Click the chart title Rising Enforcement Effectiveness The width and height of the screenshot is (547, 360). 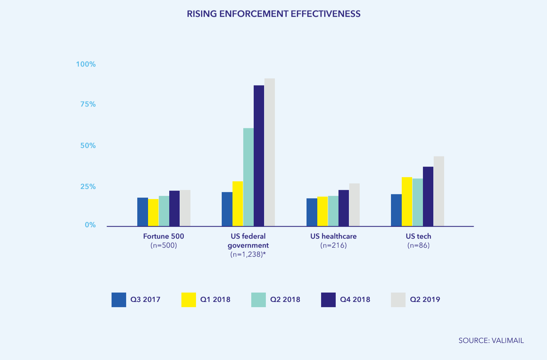(273, 14)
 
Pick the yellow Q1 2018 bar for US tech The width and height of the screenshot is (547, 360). (407, 202)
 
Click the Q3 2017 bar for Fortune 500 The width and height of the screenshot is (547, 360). (142, 212)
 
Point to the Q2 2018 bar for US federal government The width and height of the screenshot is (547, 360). (248, 177)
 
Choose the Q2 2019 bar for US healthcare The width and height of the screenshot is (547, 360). (354, 205)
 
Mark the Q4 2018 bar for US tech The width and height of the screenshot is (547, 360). (428, 196)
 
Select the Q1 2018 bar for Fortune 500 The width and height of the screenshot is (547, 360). (153, 213)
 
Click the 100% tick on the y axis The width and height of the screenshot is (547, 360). (86, 64)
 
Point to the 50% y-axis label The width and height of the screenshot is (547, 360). (88, 146)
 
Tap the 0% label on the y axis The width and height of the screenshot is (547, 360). (90, 225)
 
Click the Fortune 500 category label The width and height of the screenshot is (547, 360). (164, 236)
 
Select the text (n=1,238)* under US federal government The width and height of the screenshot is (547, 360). (248, 254)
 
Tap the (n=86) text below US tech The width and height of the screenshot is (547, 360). (418, 245)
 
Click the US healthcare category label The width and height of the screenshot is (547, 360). (333, 236)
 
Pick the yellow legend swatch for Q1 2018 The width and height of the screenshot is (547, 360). (189, 300)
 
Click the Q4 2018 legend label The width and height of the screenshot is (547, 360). (355, 300)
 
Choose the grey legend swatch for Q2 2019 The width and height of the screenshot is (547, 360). (398, 300)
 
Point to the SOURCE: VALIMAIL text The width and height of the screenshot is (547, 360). (491, 341)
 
